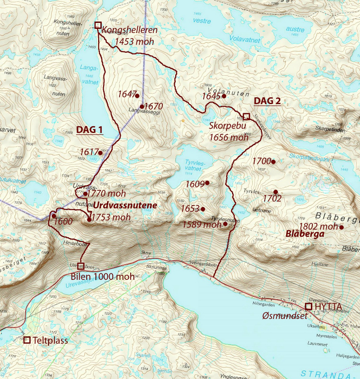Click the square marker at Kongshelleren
click(x=97, y=25)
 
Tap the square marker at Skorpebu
click(x=246, y=116)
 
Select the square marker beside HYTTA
click(x=309, y=306)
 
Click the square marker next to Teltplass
click(x=27, y=340)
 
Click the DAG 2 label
click(x=267, y=101)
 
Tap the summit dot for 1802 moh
click(x=342, y=227)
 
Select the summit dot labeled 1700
click(x=273, y=162)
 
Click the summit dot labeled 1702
click(x=276, y=192)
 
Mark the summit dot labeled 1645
click(x=224, y=96)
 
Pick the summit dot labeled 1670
click(x=142, y=106)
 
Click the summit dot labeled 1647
click(x=137, y=96)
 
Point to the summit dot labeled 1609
click(x=207, y=183)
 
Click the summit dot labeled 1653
click(x=203, y=209)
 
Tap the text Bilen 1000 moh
click(x=103, y=277)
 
